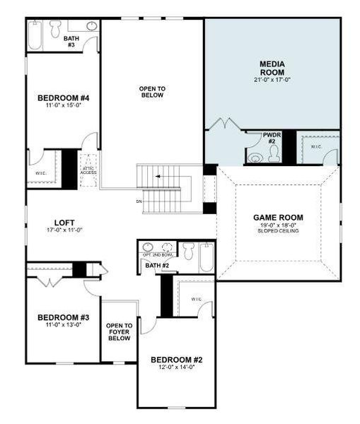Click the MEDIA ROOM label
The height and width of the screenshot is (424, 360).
tap(272, 68)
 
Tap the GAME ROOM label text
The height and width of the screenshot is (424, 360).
tap(278, 217)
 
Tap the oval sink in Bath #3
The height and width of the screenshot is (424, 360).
tap(91, 27)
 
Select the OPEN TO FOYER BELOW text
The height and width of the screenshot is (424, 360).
tap(118, 332)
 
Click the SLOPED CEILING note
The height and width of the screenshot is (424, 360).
tap(278, 231)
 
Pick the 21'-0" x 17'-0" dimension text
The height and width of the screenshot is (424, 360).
tap(272, 80)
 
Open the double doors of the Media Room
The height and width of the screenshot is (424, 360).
tap(225, 124)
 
